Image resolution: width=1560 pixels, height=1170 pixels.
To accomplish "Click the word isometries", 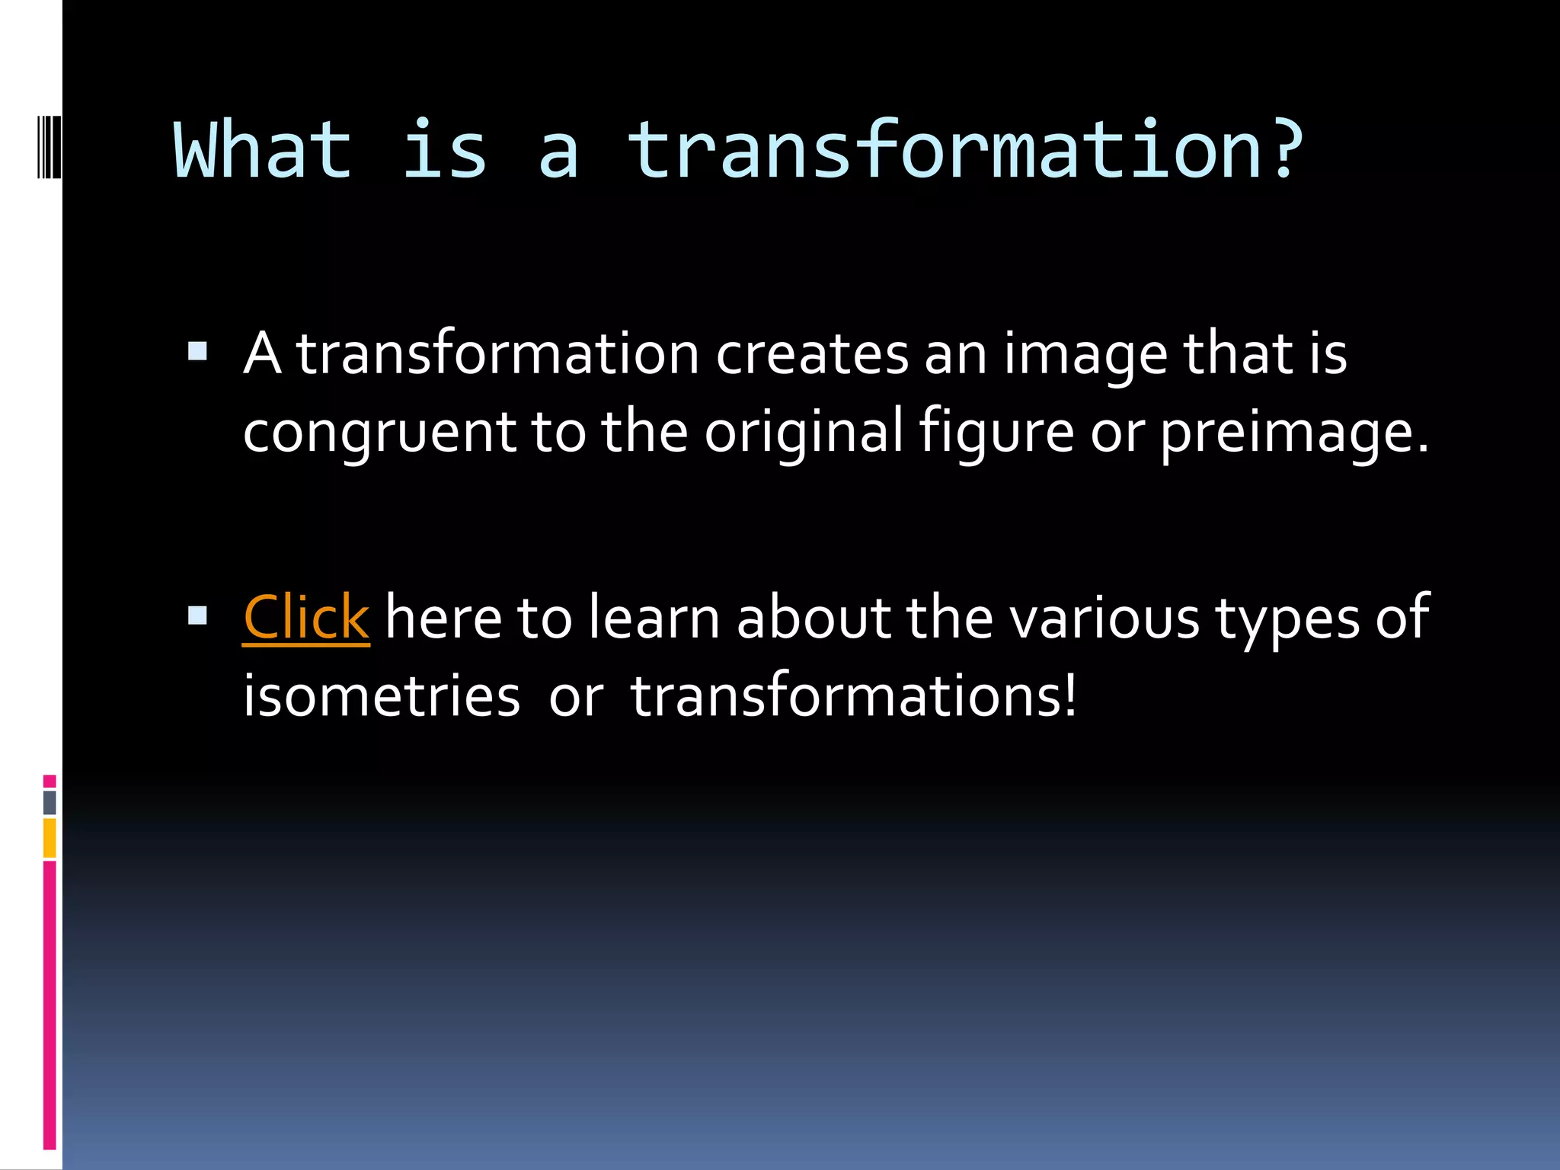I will point(382,696).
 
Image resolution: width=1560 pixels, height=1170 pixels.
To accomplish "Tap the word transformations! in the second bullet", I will point(854,696).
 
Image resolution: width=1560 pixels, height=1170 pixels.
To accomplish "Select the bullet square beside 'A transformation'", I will point(197,351).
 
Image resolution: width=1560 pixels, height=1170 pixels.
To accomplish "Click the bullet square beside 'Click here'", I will point(197,615).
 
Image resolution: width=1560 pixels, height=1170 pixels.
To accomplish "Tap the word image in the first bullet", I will point(1085,354).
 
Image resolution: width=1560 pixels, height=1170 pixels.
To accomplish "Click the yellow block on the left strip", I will point(50,838).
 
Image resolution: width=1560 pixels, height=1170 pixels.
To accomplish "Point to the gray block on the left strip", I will point(50,802).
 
